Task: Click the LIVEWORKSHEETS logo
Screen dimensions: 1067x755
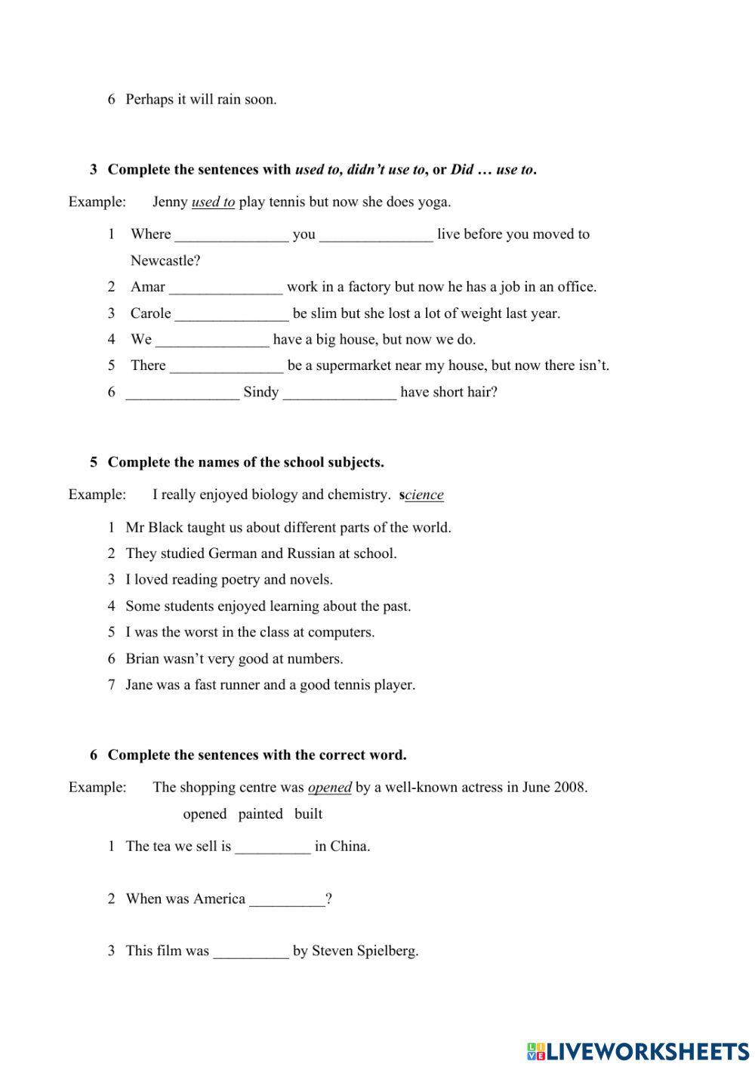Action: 637,1050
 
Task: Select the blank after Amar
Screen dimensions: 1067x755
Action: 226,287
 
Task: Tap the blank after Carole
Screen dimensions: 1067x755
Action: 232,313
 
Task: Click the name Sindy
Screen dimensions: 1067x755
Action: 261,392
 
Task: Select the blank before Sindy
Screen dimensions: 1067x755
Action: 182,393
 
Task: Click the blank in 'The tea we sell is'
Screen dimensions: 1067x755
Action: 273,847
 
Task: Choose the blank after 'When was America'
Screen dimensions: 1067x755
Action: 287,899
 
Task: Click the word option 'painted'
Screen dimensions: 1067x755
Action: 260,814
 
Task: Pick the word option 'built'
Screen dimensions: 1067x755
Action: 308,814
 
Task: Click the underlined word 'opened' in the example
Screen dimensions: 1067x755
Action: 330,788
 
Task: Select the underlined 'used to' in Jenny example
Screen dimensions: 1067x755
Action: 213,202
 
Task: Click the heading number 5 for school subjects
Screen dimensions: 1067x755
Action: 94,462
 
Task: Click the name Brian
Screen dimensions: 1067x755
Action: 143,658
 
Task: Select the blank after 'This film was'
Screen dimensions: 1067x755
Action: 251,951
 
